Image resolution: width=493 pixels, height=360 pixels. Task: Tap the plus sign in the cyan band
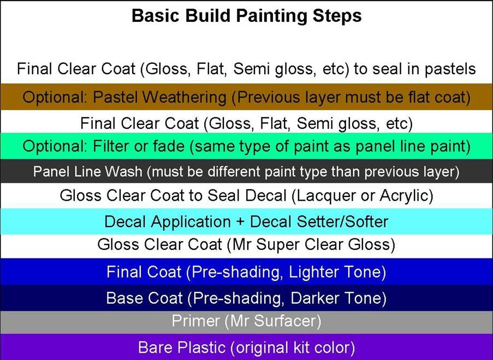pyautogui.click(x=240, y=222)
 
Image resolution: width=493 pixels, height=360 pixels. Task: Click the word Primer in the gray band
pyautogui.click(x=195, y=321)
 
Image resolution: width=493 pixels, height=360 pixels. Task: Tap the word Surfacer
pyautogui.click(x=287, y=321)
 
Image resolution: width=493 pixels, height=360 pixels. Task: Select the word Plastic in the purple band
pyautogui.click(x=201, y=347)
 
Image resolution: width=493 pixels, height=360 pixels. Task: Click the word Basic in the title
pyautogui.click(x=156, y=16)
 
